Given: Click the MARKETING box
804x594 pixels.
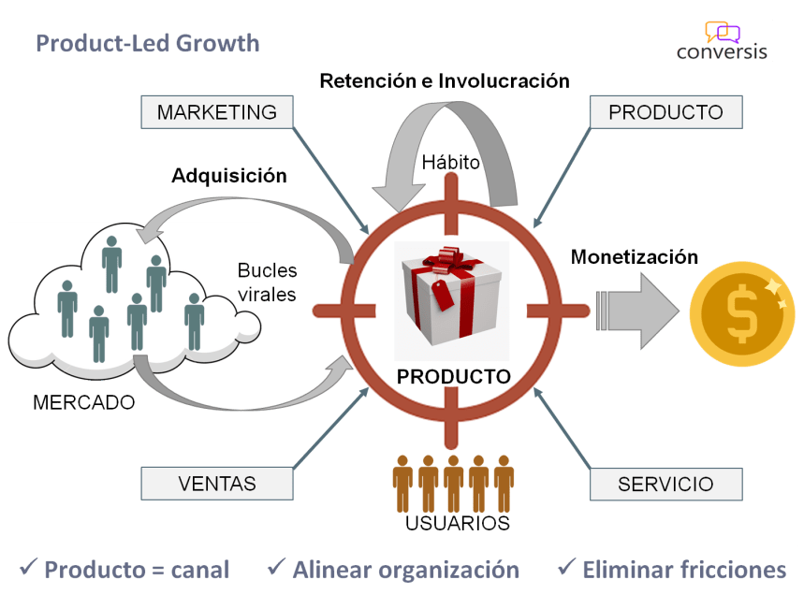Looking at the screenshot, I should (217, 112).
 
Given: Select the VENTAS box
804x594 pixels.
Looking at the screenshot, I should (217, 484).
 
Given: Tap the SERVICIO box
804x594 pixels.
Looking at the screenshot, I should (665, 485).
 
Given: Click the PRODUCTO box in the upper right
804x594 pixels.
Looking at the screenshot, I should (665, 112).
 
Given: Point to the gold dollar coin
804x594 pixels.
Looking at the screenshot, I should (744, 314).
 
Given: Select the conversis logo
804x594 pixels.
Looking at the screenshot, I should (724, 42).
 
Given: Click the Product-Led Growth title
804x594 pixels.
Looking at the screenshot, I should (148, 43).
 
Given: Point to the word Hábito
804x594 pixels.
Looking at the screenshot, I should (450, 163).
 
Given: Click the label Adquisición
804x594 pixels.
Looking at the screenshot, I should (228, 175).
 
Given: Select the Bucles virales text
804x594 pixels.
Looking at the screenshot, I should (267, 283).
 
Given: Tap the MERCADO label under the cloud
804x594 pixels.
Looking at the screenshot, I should (84, 403).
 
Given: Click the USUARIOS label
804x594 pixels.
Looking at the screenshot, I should (458, 523).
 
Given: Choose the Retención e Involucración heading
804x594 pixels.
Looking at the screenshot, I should (444, 81).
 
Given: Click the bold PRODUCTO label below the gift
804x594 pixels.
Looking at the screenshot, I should (454, 377).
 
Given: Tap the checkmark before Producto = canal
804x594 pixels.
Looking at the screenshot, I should (28, 567).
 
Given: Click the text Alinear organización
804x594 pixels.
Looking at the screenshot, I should (405, 569).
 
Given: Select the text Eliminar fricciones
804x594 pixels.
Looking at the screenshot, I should (684, 569).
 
